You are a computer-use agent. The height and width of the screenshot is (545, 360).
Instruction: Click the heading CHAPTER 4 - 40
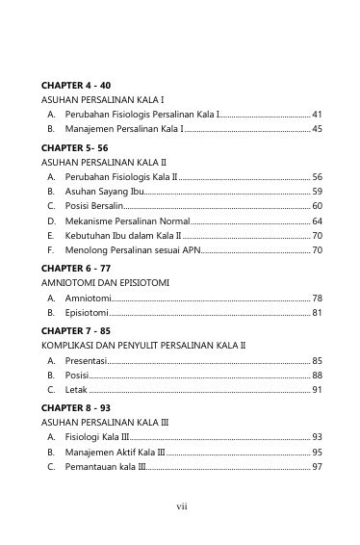pyautogui.click(x=76, y=85)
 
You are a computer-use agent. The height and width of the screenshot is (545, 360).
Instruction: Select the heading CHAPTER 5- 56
pyautogui.click(x=75, y=147)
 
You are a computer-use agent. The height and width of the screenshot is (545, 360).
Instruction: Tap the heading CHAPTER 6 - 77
pyautogui.click(x=76, y=267)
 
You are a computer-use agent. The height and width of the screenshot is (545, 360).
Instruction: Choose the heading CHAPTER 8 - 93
pyautogui.click(x=76, y=407)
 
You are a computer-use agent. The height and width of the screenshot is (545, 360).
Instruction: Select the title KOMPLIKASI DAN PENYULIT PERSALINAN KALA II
pyautogui.click(x=144, y=344)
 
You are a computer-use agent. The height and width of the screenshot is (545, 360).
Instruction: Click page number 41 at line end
pyautogui.click(x=317, y=114)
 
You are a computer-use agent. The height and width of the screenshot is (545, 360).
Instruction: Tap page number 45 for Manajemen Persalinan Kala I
pyautogui.click(x=317, y=128)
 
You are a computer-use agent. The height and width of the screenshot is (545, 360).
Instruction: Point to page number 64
pyautogui.click(x=317, y=221)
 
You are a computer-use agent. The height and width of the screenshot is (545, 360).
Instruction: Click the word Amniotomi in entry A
pyautogui.click(x=88, y=298)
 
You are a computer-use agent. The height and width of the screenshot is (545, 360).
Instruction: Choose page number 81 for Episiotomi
pyautogui.click(x=317, y=312)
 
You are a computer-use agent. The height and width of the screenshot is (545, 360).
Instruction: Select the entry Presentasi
pyautogui.click(x=86, y=360)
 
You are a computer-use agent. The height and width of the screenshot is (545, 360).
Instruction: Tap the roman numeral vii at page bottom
pyautogui.click(x=180, y=504)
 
